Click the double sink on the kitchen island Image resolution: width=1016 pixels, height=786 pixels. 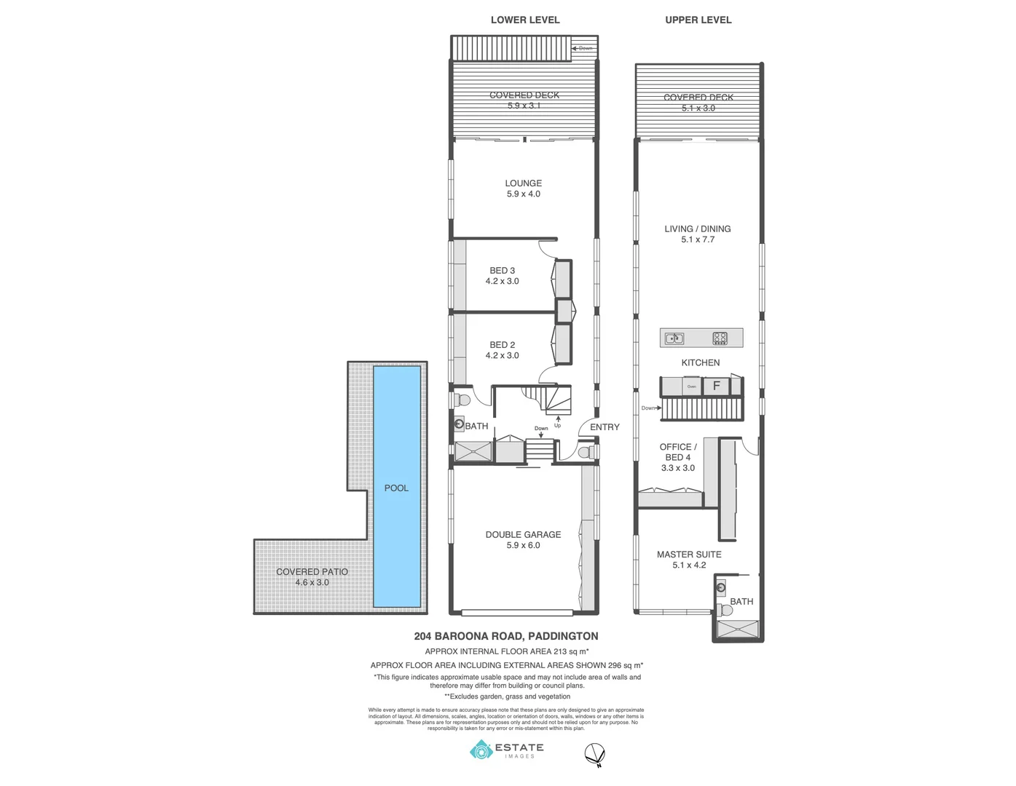click(674, 338)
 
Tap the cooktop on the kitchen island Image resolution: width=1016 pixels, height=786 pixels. click(720, 338)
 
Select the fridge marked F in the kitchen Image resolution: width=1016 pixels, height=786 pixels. click(716, 386)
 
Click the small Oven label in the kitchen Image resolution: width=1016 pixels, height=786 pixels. click(692, 386)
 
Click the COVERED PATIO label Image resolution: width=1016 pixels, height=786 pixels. click(312, 571)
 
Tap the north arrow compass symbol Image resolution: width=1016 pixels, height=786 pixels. click(595, 755)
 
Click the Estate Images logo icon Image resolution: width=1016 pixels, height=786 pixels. click(481, 750)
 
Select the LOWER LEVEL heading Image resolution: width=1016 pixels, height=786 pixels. click(525, 20)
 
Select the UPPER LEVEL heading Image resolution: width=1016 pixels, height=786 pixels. click(698, 20)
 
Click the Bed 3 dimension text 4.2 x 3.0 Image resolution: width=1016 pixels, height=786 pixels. click(502, 281)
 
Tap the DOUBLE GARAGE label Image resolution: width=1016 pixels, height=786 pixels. click(523, 534)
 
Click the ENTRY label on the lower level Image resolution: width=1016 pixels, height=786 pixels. click(605, 427)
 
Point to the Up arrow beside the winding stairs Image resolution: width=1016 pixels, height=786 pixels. click(558, 421)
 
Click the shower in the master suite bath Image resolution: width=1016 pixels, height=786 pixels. click(737, 630)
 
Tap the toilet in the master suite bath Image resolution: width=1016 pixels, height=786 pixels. click(723, 610)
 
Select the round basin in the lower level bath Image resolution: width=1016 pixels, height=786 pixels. click(459, 424)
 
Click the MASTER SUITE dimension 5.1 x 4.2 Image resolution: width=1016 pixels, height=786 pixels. click(689, 565)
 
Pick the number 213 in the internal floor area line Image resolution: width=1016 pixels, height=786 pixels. click(559, 651)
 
